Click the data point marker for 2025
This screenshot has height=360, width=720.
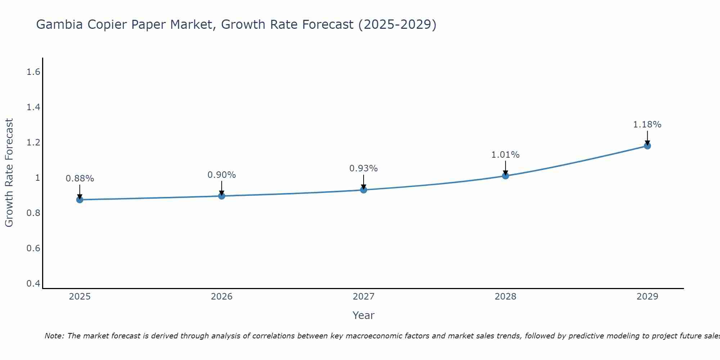(80, 199)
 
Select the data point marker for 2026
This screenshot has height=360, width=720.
(222, 196)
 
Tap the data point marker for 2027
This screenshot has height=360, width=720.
(364, 190)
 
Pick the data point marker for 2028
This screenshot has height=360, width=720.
(505, 176)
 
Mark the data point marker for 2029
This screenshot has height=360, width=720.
(647, 146)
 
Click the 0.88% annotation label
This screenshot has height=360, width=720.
(80, 179)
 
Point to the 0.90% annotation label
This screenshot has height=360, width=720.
(222, 175)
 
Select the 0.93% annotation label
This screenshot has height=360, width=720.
(364, 168)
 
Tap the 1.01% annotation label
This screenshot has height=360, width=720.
(505, 155)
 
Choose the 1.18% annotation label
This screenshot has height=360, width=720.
(647, 125)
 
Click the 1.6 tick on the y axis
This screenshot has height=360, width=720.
(33, 72)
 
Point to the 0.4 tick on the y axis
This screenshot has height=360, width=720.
(33, 284)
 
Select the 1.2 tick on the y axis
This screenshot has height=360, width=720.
(33, 143)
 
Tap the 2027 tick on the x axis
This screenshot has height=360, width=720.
(364, 297)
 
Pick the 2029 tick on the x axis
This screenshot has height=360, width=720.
(647, 297)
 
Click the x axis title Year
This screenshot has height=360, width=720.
(364, 315)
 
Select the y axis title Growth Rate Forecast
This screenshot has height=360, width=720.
(9, 173)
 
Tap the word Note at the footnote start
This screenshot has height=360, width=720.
(54, 336)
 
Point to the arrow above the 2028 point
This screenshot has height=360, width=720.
(505, 168)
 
